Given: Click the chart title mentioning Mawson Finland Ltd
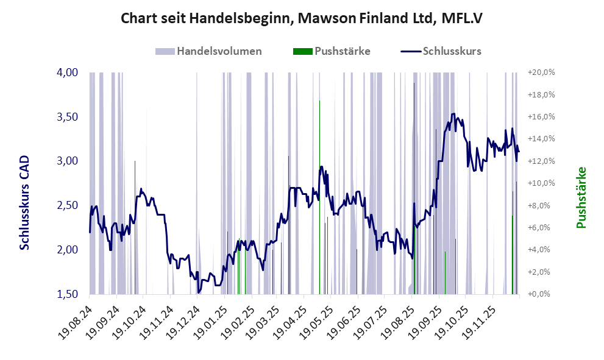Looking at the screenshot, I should pyautogui.click(x=302, y=18).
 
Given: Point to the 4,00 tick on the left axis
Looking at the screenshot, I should pyautogui.click(x=68, y=72).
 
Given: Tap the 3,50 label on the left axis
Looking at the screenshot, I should pyautogui.click(x=68, y=116).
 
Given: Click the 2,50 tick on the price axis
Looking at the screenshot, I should pyautogui.click(x=68, y=205).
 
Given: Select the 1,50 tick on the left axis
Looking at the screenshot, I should pyautogui.click(x=68, y=294).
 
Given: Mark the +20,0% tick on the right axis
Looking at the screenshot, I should pyautogui.click(x=541, y=72).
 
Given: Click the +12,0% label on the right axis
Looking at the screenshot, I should pyautogui.click(x=541, y=161).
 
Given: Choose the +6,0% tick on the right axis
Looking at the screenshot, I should pyautogui.click(x=541, y=227).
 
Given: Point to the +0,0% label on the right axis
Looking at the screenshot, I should pyautogui.click(x=541, y=294).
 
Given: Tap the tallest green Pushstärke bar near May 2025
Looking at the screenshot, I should pyautogui.click(x=320, y=195).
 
